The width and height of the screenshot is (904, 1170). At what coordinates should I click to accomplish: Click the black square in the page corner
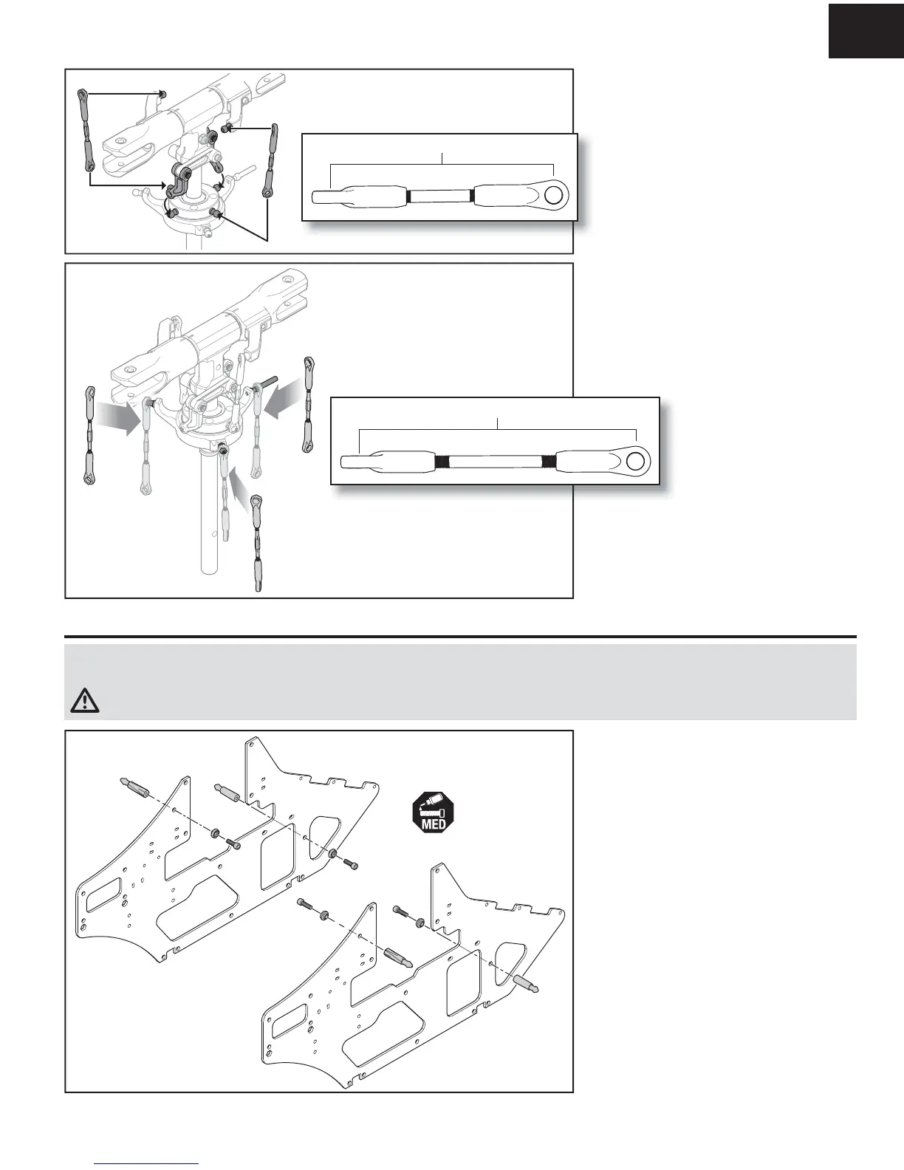(x=866, y=29)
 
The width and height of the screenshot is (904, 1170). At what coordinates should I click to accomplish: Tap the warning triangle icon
(x=86, y=699)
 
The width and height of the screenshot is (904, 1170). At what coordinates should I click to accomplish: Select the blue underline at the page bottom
(x=147, y=1163)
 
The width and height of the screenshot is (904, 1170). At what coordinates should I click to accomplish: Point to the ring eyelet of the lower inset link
(x=634, y=461)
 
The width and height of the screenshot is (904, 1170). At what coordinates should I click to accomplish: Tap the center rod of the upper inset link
(x=440, y=196)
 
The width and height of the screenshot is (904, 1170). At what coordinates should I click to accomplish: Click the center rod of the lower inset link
(x=496, y=462)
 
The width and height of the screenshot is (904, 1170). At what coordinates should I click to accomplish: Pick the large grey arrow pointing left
(x=284, y=402)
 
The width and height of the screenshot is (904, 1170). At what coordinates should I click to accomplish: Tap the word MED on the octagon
(x=433, y=824)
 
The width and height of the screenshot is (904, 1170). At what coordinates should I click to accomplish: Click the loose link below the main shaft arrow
(x=257, y=543)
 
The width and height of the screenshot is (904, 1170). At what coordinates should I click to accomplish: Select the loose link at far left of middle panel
(x=89, y=434)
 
